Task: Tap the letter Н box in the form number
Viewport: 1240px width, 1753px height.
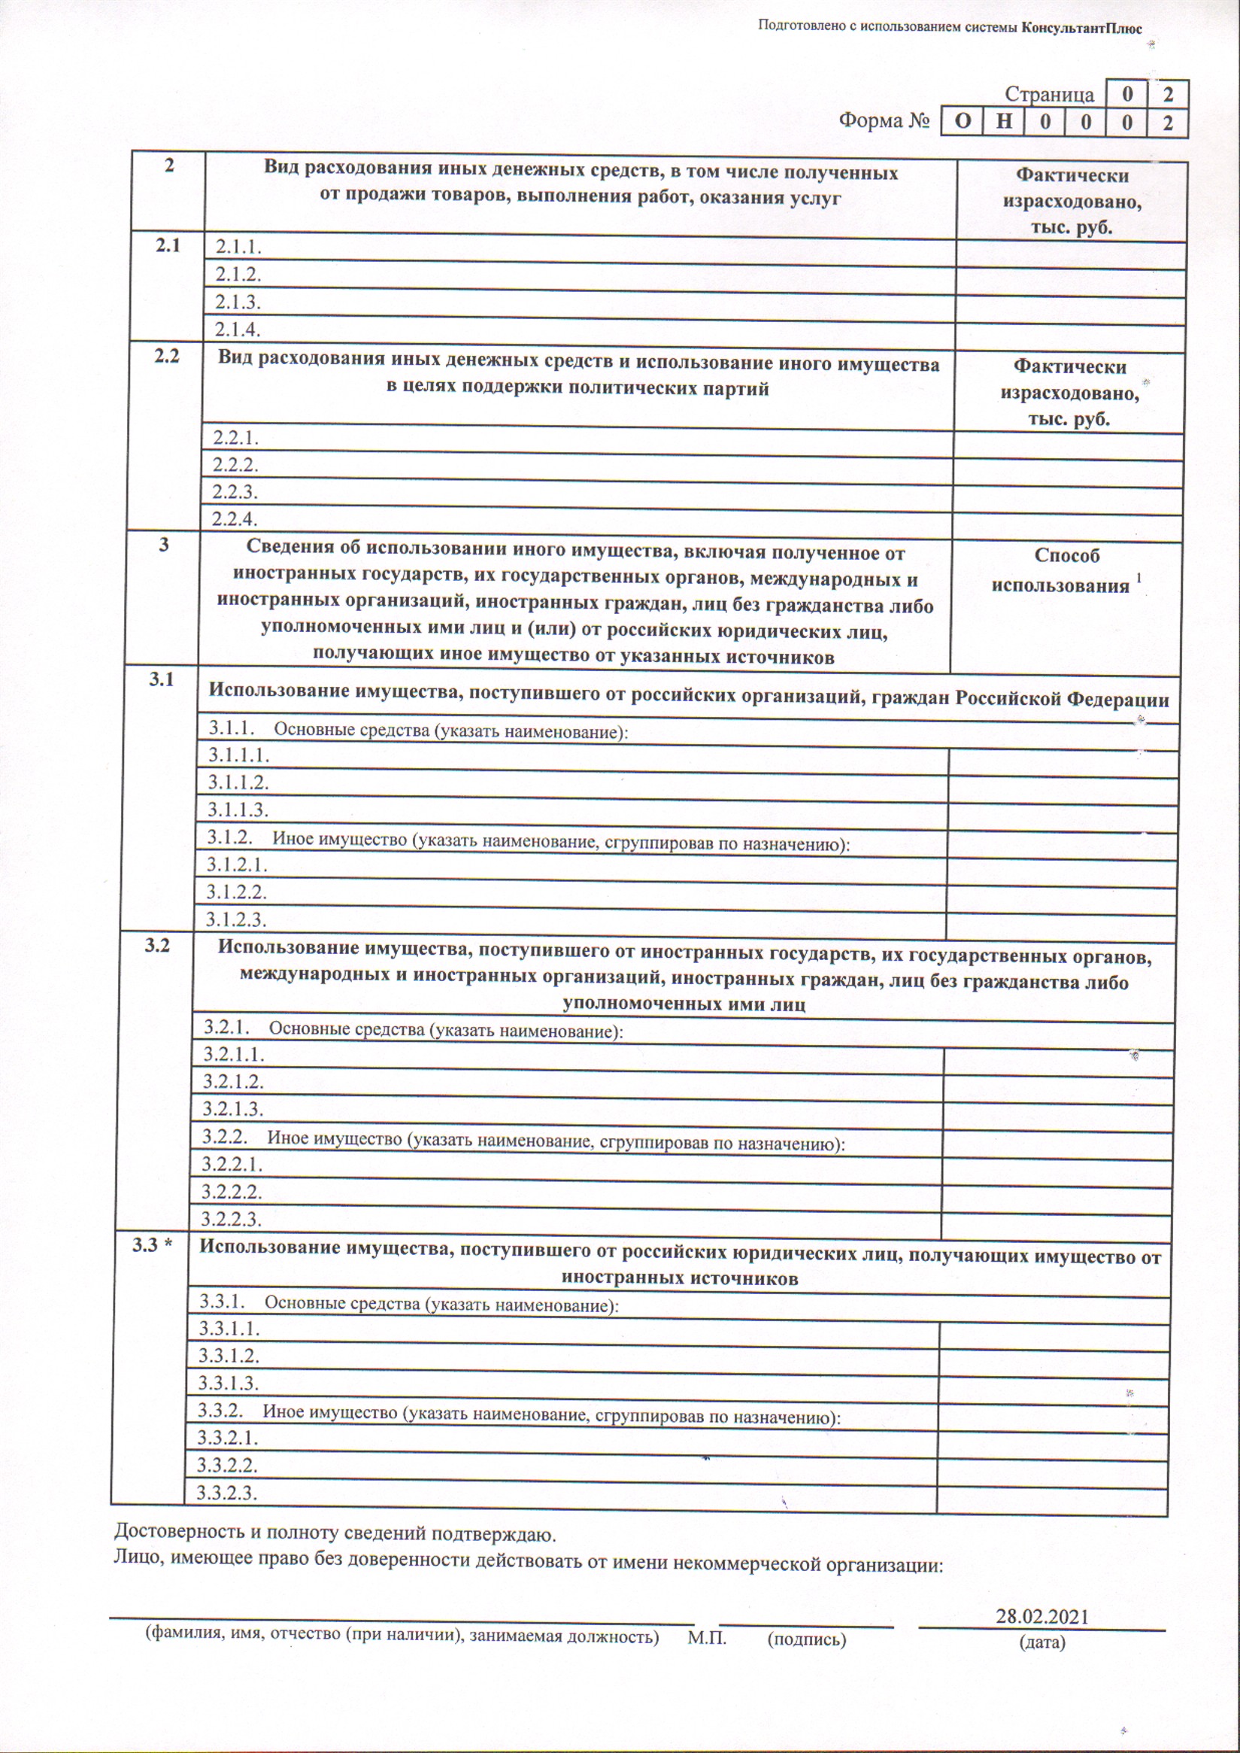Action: click(1005, 122)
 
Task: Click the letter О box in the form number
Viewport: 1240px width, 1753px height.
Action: click(964, 122)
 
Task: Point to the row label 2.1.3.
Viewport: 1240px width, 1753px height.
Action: click(238, 302)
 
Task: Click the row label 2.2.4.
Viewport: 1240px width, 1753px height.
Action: click(235, 519)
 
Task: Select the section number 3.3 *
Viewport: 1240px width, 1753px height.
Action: click(152, 1245)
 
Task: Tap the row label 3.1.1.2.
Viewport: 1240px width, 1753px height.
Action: click(238, 782)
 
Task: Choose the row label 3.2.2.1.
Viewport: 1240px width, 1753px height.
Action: click(232, 1164)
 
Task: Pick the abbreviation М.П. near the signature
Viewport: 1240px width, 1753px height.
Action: click(706, 1638)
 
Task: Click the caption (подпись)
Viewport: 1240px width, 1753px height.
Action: click(806, 1639)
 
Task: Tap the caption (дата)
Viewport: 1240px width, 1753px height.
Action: click(1041, 1642)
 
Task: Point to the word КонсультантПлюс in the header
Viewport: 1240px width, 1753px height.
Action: click(1081, 29)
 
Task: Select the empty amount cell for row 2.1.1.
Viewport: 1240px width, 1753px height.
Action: click(1071, 255)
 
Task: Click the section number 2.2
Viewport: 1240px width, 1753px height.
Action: click(166, 356)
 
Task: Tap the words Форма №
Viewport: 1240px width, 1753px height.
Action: click(884, 120)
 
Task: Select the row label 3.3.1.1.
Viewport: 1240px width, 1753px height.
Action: click(229, 1329)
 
